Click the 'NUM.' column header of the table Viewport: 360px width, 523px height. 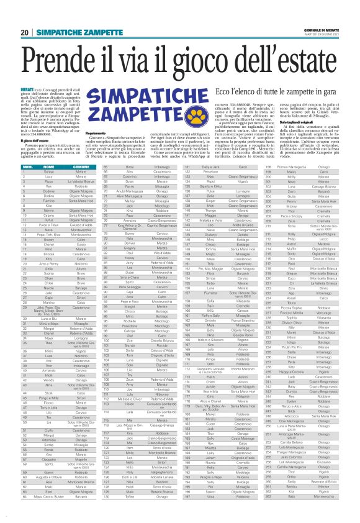27,167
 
